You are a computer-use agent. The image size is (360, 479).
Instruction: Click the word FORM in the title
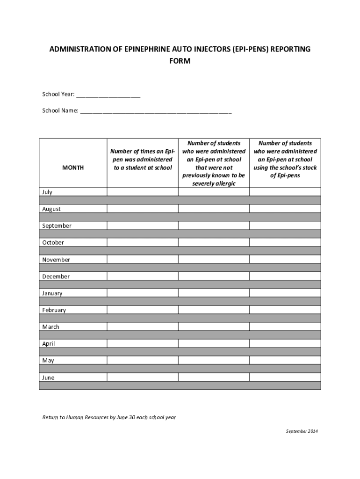click(x=180, y=61)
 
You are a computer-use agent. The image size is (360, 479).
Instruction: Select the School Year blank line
click(x=108, y=95)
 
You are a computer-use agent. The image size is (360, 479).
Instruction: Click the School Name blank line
click(x=156, y=111)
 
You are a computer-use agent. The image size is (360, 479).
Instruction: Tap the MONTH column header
click(x=73, y=167)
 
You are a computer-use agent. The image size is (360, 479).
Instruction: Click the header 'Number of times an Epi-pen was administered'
click(x=142, y=160)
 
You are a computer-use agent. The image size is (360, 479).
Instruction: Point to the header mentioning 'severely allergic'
click(x=214, y=163)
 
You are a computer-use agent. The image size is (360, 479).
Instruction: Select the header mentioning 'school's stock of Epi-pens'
click(x=285, y=160)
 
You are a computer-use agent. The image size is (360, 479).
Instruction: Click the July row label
click(x=47, y=192)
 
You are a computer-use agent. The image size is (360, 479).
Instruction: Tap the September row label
click(x=57, y=225)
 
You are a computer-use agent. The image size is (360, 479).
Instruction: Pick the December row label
click(x=56, y=276)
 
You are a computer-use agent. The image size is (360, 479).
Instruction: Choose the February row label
click(x=54, y=310)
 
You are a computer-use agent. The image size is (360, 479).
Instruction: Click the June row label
click(x=48, y=377)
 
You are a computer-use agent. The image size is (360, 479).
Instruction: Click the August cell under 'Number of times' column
click(x=142, y=209)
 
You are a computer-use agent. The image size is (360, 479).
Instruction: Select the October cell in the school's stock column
click(x=285, y=242)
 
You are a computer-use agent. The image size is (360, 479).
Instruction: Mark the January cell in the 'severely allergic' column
click(x=214, y=293)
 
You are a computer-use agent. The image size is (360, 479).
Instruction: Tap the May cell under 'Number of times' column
click(x=142, y=360)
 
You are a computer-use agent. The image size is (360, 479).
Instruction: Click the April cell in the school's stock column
click(x=285, y=343)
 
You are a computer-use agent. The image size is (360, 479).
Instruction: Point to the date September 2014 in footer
click(x=302, y=431)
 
